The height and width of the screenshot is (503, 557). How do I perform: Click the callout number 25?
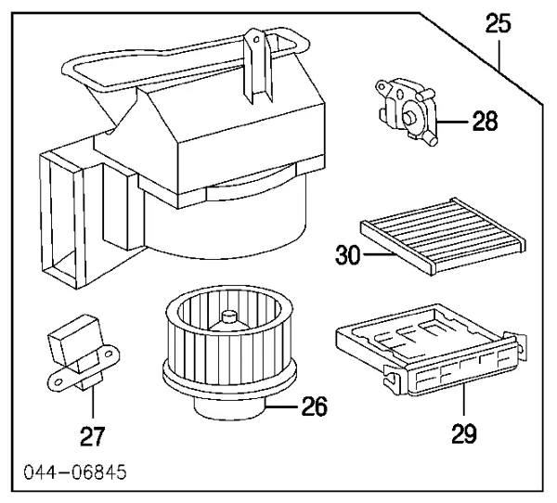pos(499,25)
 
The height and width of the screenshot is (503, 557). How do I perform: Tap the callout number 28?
pos(478,121)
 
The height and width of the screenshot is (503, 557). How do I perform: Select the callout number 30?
pos(346,253)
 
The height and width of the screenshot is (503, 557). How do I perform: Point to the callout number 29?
pos(461,432)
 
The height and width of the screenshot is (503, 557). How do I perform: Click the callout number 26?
pos(317,406)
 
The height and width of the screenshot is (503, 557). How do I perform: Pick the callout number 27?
pos(93,434)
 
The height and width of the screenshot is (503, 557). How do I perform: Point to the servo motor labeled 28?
pos(407,109)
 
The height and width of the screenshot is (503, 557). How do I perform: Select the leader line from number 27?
pos(93,404)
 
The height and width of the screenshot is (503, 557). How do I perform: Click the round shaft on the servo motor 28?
pos(408,117)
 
